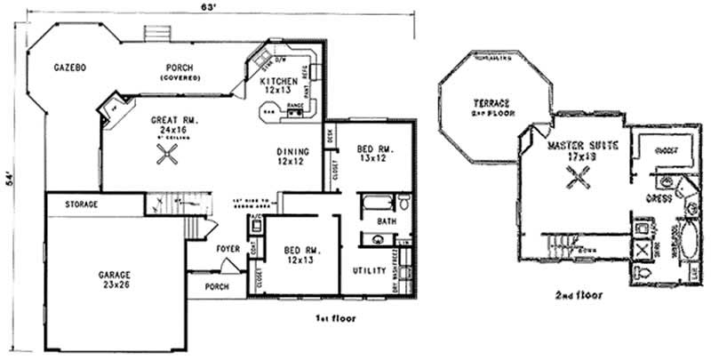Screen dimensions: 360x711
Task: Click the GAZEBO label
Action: (68, 68)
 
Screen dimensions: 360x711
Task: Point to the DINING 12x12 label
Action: (292, 156)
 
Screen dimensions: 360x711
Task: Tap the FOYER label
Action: (228, 248)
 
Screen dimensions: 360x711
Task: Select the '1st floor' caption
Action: (337, 316)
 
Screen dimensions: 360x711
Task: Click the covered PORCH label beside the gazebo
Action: (180, 71)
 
